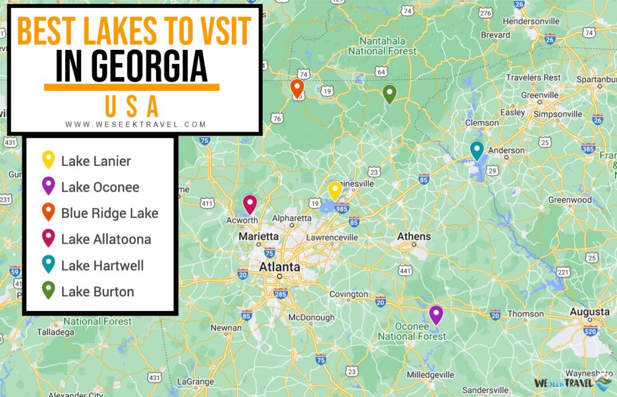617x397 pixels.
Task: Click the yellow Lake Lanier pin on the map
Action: (335, 190)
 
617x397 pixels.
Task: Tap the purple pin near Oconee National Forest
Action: (436, 314)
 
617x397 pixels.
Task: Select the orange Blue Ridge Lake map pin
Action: (297, 88)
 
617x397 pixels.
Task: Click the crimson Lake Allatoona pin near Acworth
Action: (250, 204)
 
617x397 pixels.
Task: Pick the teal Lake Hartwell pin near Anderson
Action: (476, 150)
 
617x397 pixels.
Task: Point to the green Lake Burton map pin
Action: (389, 93)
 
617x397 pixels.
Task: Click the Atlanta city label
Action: (279, 267)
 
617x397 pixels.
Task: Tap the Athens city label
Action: (414, 236)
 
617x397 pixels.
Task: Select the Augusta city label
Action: (590, 312)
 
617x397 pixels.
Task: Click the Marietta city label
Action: (258, 236)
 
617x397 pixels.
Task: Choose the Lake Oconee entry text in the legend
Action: (100, 187)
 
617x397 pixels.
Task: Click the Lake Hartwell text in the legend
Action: (102, 265)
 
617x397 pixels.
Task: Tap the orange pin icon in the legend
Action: (49, 212)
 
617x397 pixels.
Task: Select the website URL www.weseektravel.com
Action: (135, 124)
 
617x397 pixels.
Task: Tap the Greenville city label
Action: (539, 94)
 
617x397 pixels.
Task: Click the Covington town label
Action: (348, 294)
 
